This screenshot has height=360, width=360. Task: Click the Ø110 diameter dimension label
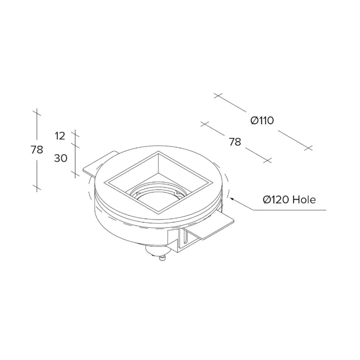coord(262,120)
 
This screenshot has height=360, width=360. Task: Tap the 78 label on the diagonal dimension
coord(235,142)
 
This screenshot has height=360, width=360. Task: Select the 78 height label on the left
coord(37,150)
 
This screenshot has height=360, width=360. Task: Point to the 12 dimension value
coord(60,136)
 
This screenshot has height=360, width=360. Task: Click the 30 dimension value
coord(60,158)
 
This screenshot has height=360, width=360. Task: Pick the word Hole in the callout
coord(304,200)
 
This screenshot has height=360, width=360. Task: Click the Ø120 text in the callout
coord(276,200)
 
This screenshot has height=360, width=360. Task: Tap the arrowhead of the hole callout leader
coord(232,199)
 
